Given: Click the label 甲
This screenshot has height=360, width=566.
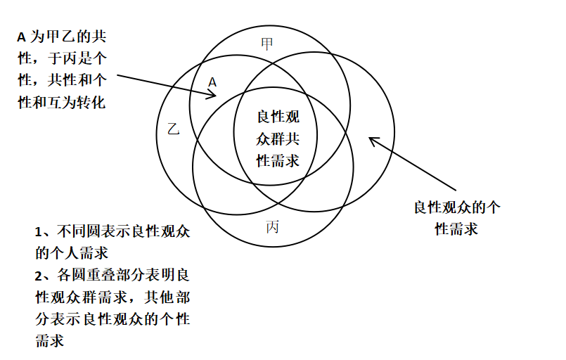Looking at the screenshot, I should click(267, 44).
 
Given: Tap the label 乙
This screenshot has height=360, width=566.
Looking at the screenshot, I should click(174, 129).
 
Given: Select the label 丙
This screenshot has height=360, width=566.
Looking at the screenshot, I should click(273, 226).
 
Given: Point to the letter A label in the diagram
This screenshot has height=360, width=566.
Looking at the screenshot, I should click(212, 82).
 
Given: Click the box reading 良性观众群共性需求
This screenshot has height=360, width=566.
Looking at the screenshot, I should click(278, 139).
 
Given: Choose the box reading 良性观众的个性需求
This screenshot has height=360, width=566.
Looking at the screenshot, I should click(456, 219).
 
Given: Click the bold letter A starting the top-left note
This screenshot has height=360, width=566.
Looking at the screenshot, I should click(21, 37).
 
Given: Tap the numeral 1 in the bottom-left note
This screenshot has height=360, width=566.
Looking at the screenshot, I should click(39, 232).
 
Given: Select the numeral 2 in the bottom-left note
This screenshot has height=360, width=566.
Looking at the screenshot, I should click(39, 274).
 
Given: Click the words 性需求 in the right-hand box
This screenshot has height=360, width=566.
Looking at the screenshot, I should click(456, 229).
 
